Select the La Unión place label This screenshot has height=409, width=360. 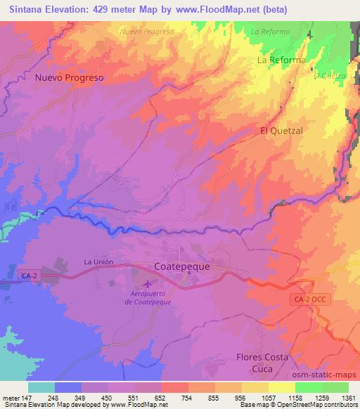pyautogui.click(x=98, y=262)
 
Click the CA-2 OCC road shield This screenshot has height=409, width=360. pyautogui.click(x=309, y=299)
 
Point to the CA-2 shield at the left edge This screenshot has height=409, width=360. pyautogui.click(x=30, y=276)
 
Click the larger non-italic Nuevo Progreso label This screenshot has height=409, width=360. pyautogui.click(x=70, y=78)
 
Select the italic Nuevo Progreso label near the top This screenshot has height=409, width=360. pyautogui.click(x=147, y=32)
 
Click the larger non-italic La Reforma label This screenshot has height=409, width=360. pyautogui.click(x=281, y=60)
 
